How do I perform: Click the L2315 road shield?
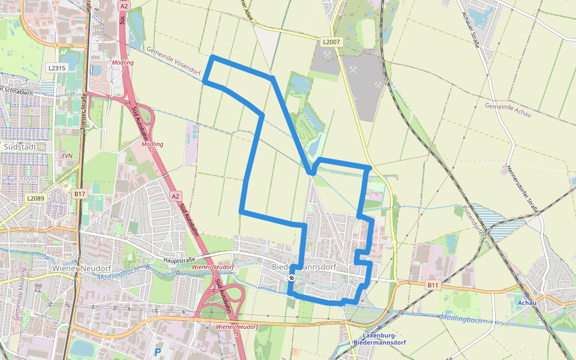point(57,68)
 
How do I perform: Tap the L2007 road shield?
point(331,42)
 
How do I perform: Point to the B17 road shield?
point(80,194)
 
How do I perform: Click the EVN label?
point(67,155)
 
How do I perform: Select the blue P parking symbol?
point(158,352)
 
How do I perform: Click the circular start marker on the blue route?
point(291,278)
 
